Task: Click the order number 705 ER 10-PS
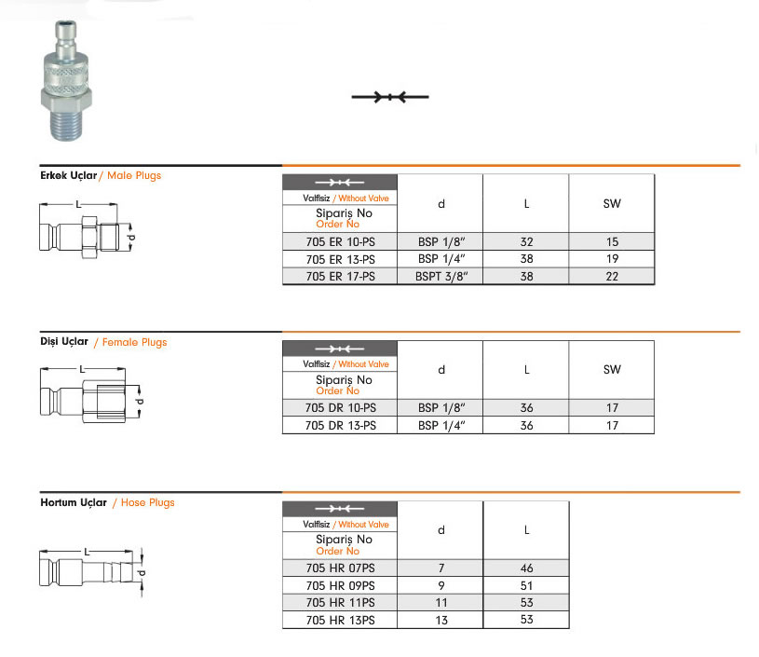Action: (x=340, y=241)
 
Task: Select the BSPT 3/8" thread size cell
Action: (x=441, y=277)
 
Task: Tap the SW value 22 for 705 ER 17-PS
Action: (x=612, y=277)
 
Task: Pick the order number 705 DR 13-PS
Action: (x=340, y=425)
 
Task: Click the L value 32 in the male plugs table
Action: (x=526, y=241)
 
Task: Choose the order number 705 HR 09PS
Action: (x=340, y=586)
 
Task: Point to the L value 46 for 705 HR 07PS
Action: (x=526, y=568)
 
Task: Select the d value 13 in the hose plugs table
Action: (x=441, y=620)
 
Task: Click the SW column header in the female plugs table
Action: (x=612, y=370)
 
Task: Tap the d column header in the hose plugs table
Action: (x=441, y=530)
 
